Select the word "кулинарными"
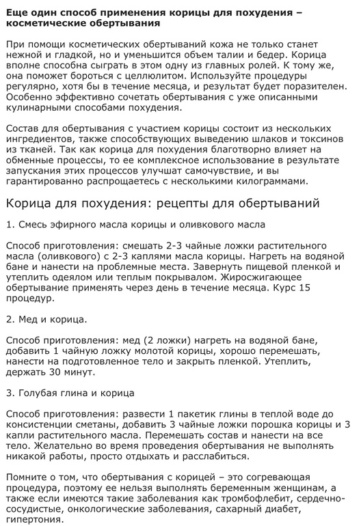coord(38,108)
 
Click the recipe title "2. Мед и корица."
coord(46,318)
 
